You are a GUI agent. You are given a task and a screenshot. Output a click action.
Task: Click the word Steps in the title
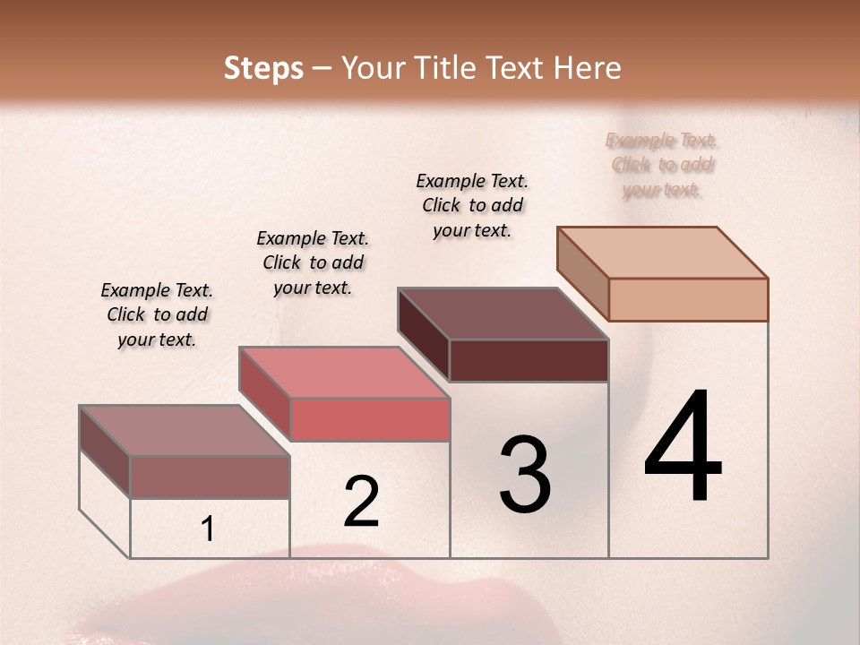[263, 68]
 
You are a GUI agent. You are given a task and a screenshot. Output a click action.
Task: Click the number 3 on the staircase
[525, 475]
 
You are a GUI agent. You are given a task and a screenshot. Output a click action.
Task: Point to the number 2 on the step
[362, 502]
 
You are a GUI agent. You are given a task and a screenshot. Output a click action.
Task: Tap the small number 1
[208, 529]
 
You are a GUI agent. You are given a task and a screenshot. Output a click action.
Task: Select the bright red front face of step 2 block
[369, 419]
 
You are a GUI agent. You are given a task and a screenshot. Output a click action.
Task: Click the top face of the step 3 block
[502, 314]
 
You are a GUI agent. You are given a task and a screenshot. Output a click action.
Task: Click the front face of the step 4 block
[688, 299]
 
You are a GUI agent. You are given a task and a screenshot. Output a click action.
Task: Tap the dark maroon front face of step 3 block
[529, 360]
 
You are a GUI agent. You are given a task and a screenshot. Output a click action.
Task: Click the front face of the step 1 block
[210, 477]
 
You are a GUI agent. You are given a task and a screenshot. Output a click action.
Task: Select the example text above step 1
[157, 314]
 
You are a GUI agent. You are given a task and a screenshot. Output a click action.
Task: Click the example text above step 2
[313, 262]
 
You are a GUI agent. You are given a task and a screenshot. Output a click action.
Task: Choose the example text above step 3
[472, 205]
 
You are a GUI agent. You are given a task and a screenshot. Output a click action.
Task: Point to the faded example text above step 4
[662, 165]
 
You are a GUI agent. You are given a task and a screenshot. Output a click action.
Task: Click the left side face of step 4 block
[583, 273]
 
